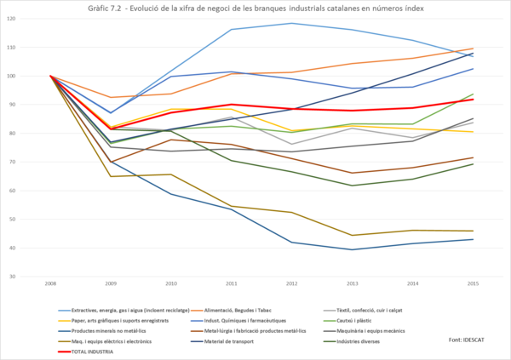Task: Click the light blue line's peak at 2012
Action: [292, 23]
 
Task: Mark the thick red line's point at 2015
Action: [473, 99]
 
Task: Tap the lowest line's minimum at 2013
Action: [353, 249]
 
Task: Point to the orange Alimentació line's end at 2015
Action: [473, 49]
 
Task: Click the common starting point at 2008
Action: [51, 76]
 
